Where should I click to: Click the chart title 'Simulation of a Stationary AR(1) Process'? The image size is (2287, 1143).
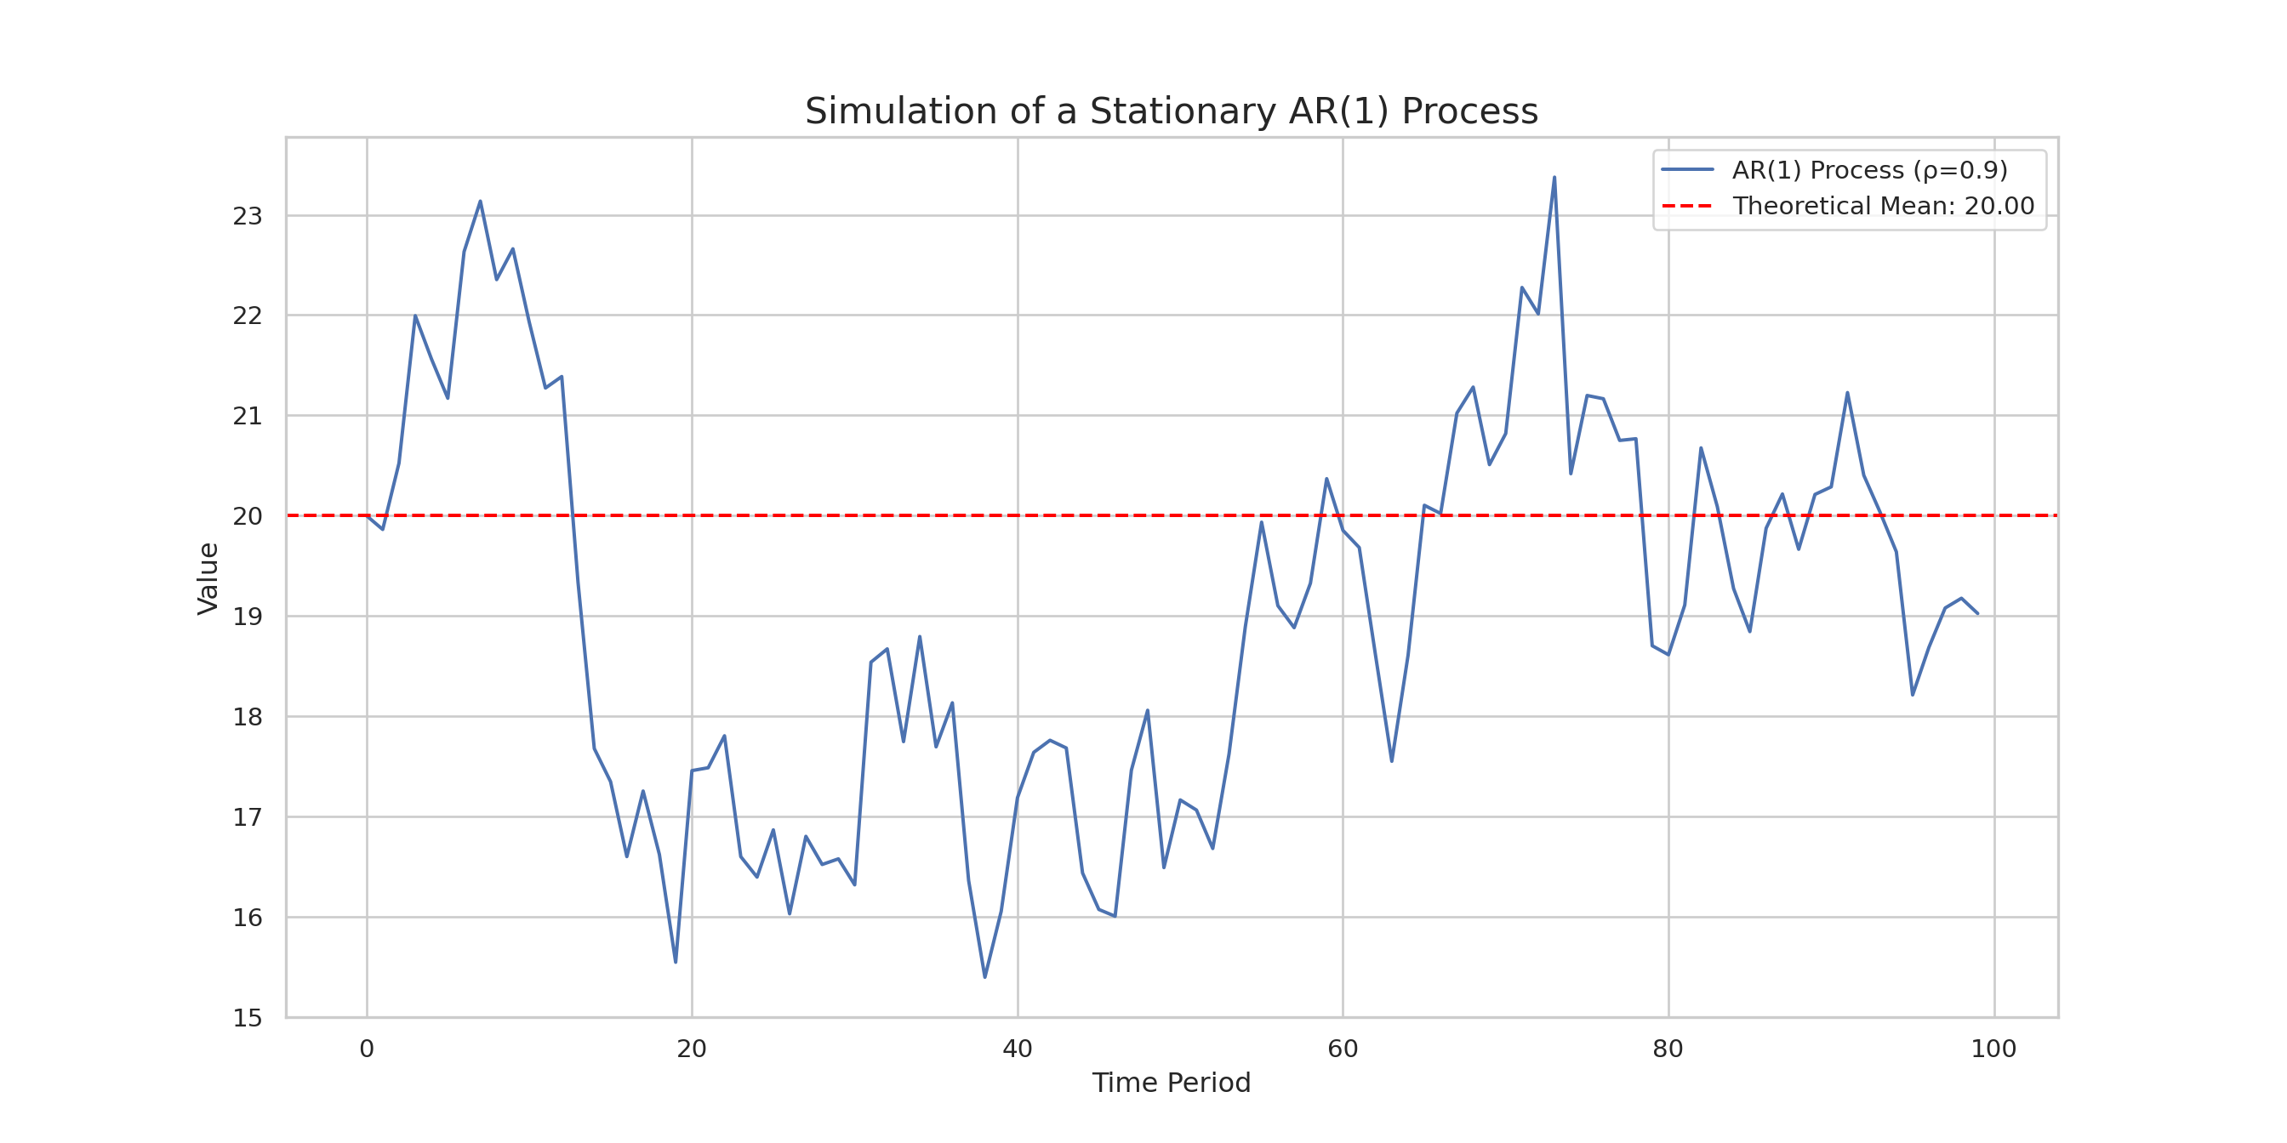1171,111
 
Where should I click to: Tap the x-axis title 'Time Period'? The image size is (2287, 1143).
1171,1083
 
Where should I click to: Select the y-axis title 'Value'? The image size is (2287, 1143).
208,577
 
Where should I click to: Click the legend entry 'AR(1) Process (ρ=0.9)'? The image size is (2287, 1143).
1870,169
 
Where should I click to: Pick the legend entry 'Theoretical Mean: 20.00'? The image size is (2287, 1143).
1883,206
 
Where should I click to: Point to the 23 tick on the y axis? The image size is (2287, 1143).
248,216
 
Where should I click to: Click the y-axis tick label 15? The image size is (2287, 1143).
248,1018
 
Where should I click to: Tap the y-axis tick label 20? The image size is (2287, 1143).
248,515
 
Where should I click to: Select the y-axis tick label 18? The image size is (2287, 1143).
248,716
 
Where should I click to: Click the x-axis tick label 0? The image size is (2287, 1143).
367,1049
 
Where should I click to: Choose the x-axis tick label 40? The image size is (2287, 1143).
1018,1049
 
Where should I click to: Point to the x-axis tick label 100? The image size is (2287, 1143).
1993,1049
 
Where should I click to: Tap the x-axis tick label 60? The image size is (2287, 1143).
1343,1049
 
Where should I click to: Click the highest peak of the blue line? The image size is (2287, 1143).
1554,178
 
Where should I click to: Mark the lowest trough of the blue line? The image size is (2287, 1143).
984,977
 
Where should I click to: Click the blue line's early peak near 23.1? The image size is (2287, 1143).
481,202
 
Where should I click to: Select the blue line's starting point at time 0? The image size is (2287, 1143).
367,515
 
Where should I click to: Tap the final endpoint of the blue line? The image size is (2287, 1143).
1977,613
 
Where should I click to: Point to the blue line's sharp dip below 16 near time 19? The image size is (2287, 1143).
676,962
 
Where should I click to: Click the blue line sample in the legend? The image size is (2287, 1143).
1687,169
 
